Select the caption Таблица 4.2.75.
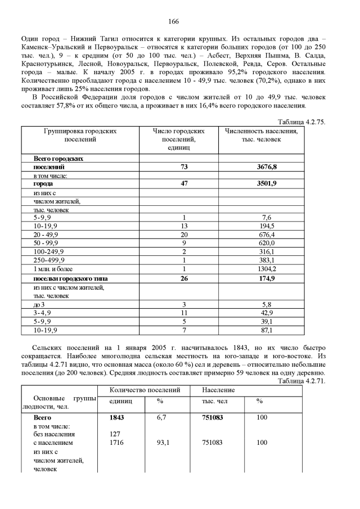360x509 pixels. [302, 121]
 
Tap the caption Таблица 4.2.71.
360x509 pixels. [302, 381]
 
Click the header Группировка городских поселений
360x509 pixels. [80, 135]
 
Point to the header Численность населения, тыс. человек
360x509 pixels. [261, 135]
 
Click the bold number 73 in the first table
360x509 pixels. [184, 167]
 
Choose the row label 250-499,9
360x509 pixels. [49, 260]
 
